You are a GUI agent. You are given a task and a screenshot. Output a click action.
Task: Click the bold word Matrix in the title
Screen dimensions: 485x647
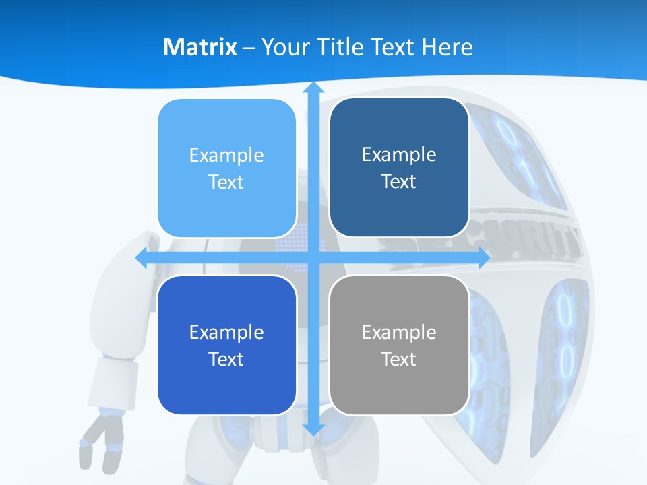(199, 47)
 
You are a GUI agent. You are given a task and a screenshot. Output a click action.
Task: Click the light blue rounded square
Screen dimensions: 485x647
(226, 168)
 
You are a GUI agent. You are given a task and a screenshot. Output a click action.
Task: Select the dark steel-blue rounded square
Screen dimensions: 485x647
(399, 168)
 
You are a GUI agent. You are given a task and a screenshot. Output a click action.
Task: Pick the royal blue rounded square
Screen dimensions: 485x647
(226, 345)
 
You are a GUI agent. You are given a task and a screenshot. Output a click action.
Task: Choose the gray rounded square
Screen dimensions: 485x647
(399, 345)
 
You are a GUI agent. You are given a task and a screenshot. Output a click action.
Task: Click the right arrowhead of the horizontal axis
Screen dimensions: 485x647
(482, 258)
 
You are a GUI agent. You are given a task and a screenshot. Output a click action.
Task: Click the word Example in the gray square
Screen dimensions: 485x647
(399, 332)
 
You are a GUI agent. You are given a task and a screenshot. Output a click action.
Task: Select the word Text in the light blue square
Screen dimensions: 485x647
(226, 183)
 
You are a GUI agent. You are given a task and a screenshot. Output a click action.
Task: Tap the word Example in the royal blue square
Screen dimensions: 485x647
(226, 332)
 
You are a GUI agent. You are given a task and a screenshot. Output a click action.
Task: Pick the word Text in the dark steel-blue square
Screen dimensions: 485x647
(399, 182)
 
